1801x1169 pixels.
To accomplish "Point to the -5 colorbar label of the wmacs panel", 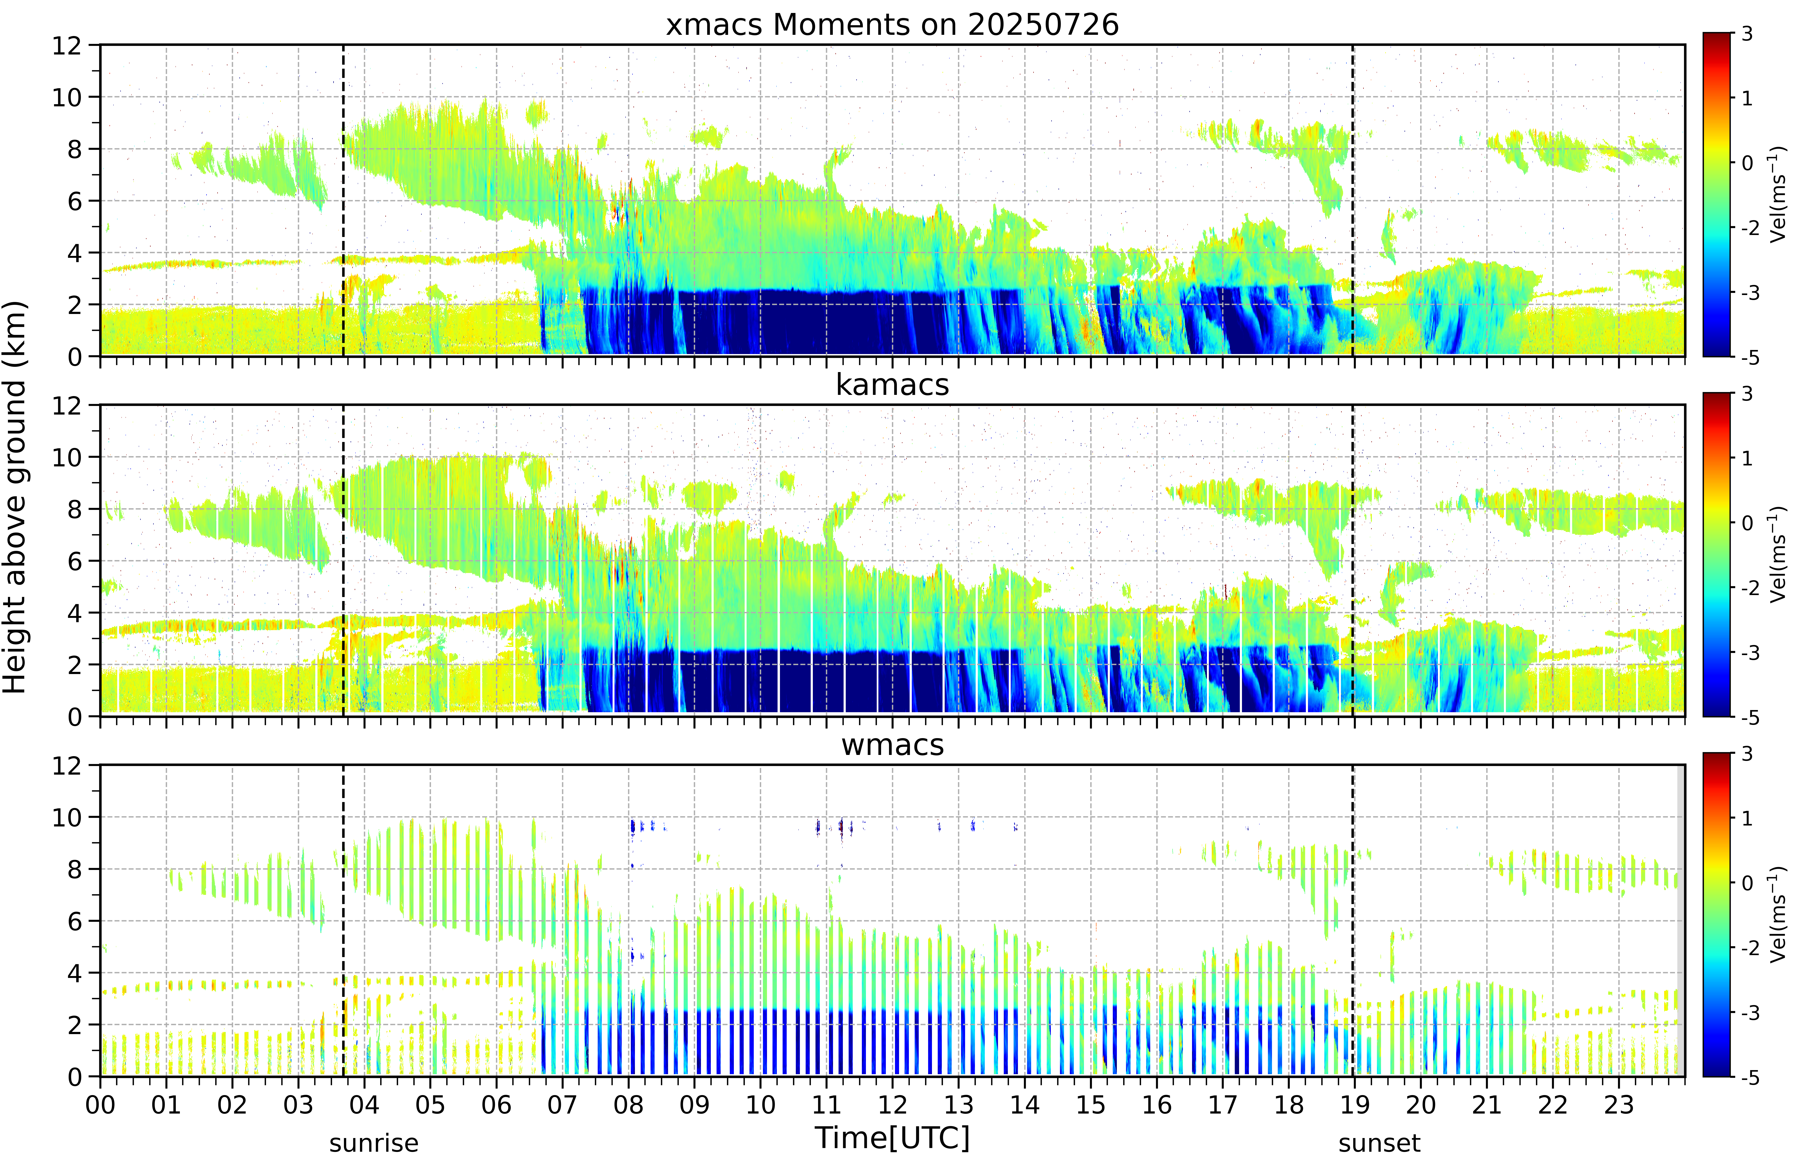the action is pos(1750,1078).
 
